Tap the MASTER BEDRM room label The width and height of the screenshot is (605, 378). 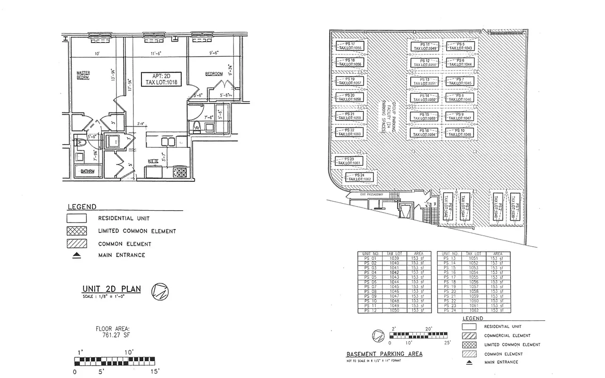pos(83,75)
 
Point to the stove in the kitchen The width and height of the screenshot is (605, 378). pos(180,172)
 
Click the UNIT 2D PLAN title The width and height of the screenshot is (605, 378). pos(111,289)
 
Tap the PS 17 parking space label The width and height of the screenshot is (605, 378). pos(349,46)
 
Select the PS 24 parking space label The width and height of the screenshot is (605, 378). pos(360,177)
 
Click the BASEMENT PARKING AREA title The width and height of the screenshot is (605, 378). pos(384,354)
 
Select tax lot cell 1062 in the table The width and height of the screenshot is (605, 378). pos(472,310)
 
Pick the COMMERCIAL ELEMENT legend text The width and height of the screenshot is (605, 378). pos(507,335)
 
